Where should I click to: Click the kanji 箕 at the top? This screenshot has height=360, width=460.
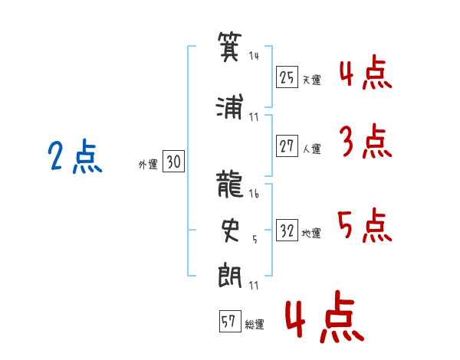230,46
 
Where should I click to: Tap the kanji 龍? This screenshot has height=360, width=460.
230,184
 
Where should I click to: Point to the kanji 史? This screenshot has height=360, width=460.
230,227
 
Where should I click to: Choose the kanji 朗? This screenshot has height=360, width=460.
230,273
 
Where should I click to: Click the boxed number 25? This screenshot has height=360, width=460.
287,77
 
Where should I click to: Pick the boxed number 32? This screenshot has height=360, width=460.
287,231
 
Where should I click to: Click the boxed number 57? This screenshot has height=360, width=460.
228,322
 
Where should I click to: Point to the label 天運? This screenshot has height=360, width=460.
311,80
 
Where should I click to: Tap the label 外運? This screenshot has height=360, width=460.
148,164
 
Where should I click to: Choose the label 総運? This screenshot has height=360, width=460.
255,325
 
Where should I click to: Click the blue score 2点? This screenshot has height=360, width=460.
74,158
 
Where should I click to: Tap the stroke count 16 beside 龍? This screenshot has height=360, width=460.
254,195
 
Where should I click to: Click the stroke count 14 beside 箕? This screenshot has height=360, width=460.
254,56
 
